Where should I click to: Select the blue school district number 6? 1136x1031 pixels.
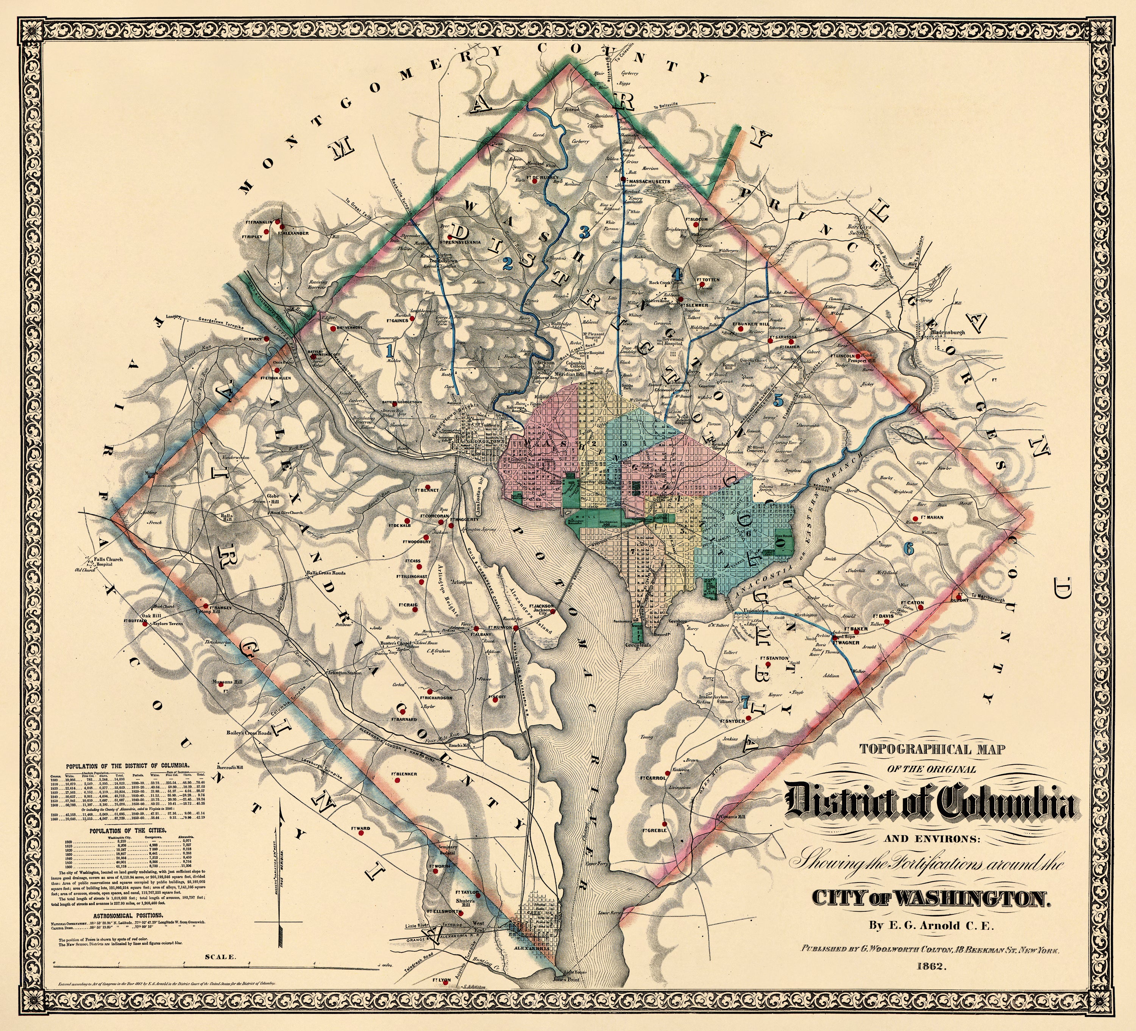point(908,547)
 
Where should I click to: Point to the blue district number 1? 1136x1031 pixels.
point(388,351)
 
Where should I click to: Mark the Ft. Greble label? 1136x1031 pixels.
point(654,830)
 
